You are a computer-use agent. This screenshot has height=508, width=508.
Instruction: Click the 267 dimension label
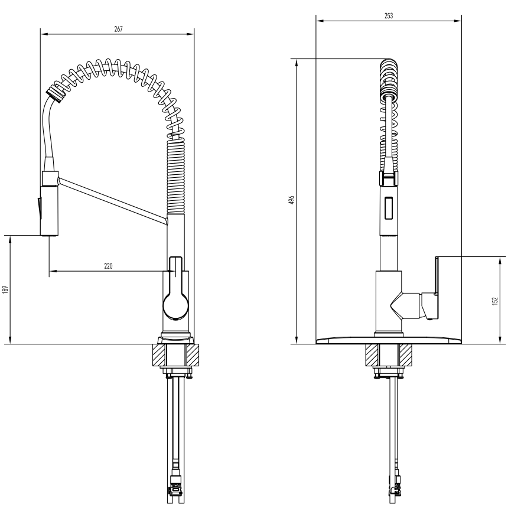tap(119, 29)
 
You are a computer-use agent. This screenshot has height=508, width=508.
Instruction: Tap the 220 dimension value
tap(108, 266)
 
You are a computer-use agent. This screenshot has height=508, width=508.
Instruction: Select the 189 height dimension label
tap(5, 289)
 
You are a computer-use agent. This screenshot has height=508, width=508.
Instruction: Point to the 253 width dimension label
tap(389, 15)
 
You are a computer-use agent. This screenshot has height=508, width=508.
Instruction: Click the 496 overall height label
tap(292, 200)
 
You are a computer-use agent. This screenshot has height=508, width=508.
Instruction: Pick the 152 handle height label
tap(494, 301)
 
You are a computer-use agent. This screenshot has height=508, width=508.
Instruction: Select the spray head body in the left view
tap(50, 211)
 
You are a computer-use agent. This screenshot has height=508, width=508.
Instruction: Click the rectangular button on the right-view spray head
tap(388, 208)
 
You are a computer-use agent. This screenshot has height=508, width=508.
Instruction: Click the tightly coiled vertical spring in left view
tap(176, 177)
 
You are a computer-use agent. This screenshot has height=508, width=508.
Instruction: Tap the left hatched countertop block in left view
tap(159, 355)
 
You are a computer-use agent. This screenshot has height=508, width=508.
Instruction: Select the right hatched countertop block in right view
tap(406, 355)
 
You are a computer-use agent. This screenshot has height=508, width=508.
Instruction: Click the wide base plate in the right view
tap(389, 340)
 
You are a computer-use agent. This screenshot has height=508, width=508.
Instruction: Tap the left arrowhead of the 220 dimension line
tap(53, 271)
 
